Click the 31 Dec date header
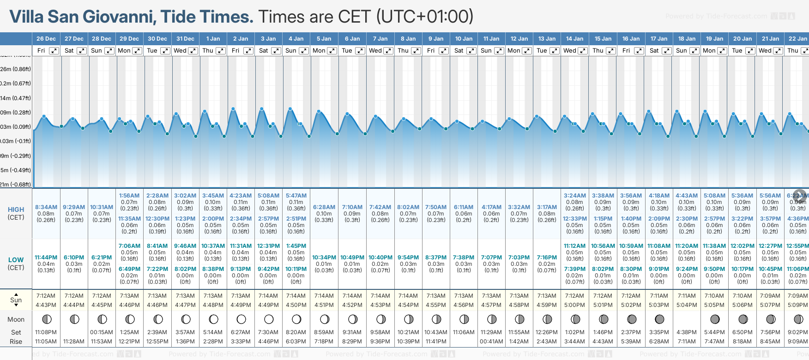pyautogui.click(x=185, y=39)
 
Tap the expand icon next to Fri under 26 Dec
pyautogui.click(x=54, y=51)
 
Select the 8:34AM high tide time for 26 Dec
pyautogui.click(x=46, y=207)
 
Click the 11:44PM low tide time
pyautogui.click(x=46, y=258)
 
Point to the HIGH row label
pyautogui.click(x=16, y=210)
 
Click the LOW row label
pyautogui.click(x=16, y=260)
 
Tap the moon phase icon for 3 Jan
pyautogui.click(x=269, y=319)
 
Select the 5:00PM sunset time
pyautogui.click(x=575, y=305)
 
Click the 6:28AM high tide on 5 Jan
pyautogui.click(x=324, y=207)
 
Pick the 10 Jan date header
pyautogui.click(x=464, y=39)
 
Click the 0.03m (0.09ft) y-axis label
pyautogui.click(x=16, y=126)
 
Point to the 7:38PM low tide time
pyautogui.click(x=464, y=258)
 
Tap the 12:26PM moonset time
pyautogui.click(x=547, y=332)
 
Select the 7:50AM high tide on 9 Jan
pyautogui.click(x=436, y=207)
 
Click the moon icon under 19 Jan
pyautogui.click(x=715, y=319)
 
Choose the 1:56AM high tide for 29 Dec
pyautogui.click(x=129, y=196)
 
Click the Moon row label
pyautogui.click(x=16, y=319)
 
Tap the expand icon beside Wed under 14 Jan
pyautogui.click(x=583, y=51)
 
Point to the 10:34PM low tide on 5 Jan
pyautogui.click(x=324, y=258)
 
